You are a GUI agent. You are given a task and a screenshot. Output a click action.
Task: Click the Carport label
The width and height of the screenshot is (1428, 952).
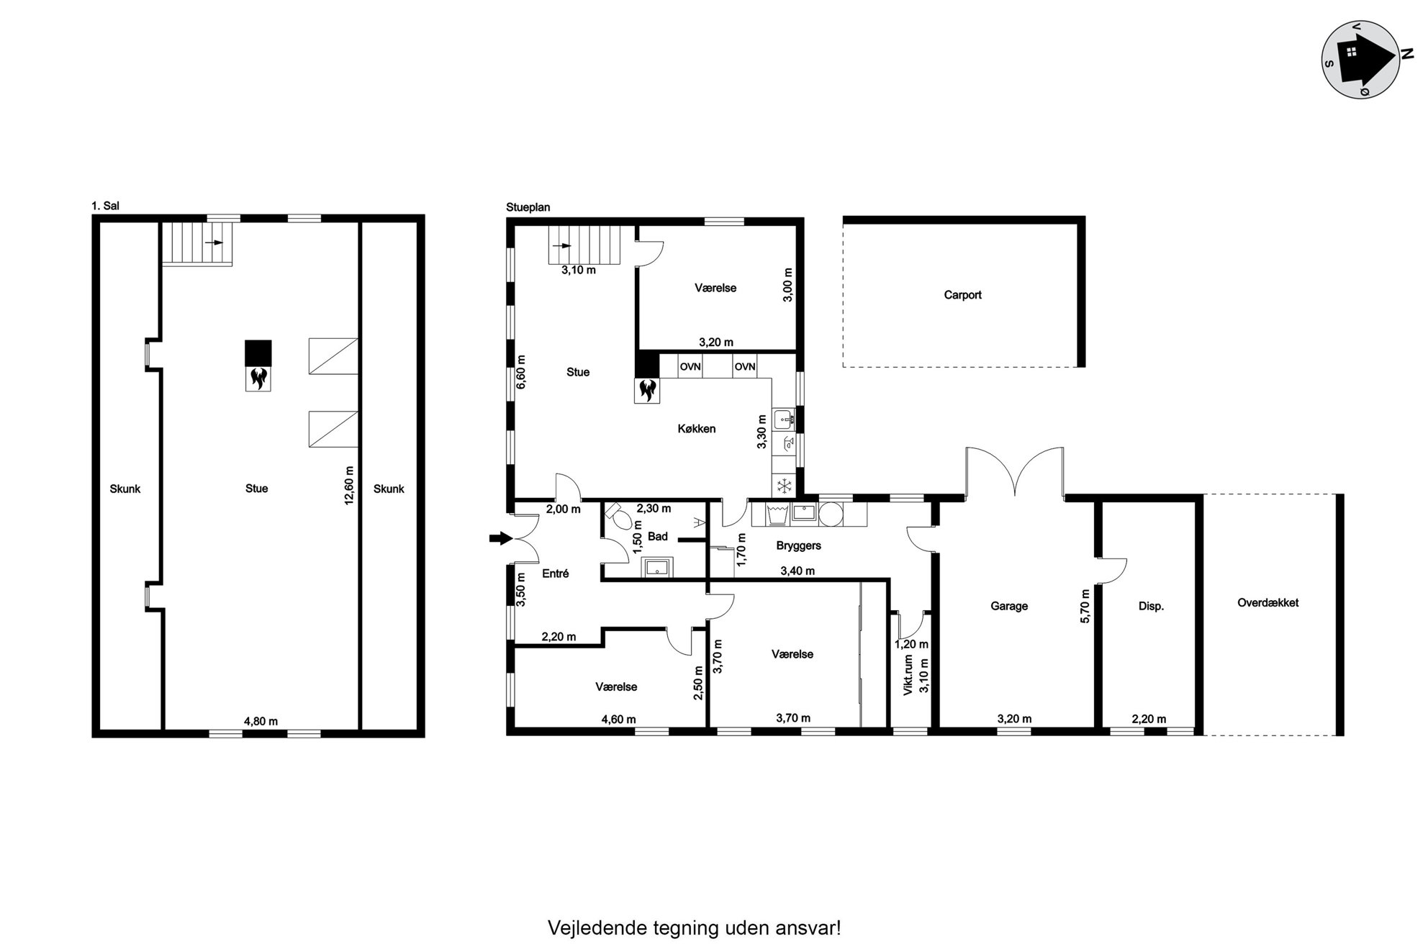click(962, 295)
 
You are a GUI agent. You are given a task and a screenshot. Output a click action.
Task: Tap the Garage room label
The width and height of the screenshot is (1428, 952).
click(1008, 607)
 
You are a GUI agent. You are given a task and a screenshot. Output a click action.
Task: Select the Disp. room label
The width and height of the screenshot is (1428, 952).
click(1151, 607)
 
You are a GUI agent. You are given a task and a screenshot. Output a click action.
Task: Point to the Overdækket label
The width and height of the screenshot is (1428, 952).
click(1267, 603)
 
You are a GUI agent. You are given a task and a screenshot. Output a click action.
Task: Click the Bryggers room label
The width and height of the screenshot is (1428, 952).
click(798, 546)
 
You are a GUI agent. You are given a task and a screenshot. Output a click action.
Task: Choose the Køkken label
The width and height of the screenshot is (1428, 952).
click(696, 429)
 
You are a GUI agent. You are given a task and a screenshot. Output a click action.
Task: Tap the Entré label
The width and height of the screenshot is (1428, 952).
click(555, 574)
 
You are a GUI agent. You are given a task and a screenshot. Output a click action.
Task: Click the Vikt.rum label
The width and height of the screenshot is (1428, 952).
click(908, 674)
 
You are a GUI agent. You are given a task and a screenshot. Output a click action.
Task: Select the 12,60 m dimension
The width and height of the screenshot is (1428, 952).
click(350, 485)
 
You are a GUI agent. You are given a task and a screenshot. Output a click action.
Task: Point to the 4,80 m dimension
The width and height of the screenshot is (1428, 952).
click(261, 721)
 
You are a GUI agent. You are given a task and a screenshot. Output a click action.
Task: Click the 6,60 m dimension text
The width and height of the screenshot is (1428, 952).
click(522, 372)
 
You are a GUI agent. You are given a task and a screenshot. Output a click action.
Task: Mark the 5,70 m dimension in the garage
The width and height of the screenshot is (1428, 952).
click(1086, 606)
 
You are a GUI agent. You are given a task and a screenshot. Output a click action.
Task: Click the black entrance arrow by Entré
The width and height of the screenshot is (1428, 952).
click(500, 538)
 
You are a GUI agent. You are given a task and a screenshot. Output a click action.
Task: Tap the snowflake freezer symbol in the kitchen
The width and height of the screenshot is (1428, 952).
click(784, 486)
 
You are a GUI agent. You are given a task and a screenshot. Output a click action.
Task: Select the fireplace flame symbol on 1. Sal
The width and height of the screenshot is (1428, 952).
click(258, 378)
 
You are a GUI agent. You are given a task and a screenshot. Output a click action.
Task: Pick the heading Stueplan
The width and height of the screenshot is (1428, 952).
click(528, 207)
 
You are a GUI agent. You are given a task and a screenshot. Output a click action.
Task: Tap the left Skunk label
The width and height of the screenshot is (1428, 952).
click(125, 489)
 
